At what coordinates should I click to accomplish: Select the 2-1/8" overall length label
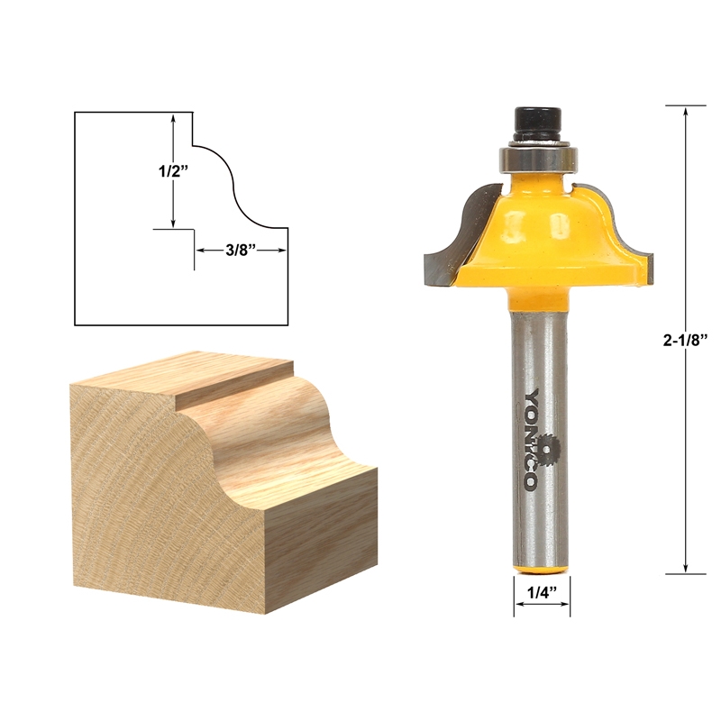tap(686, 340)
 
